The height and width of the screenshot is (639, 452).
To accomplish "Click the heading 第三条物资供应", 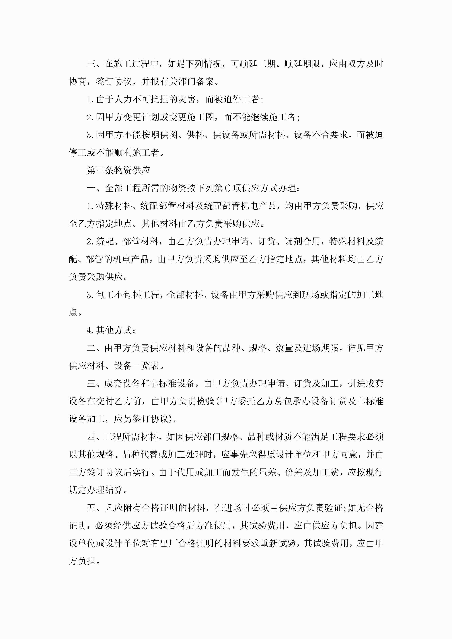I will pyautogui.click(x=118, y=170).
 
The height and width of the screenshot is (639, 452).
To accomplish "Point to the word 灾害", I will pyautogui.click(x=187, y=99).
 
